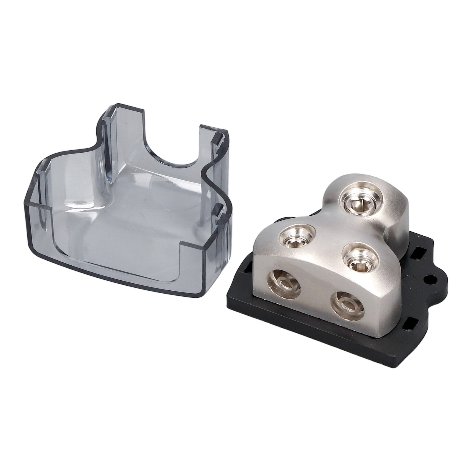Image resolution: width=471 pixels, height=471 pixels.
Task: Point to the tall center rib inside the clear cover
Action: pyautogui.click(x=110, y=147)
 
